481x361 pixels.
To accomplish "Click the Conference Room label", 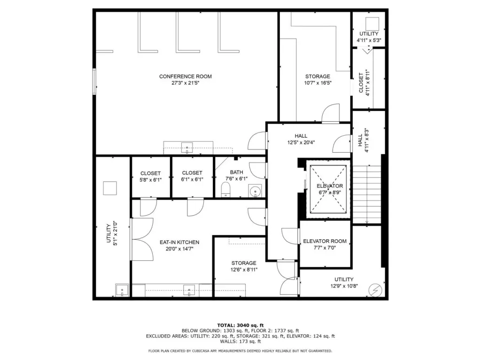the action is click(x=185, y=77).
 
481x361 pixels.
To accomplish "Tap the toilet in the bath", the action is click(x=225, y=190).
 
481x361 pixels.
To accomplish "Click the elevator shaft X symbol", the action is click(x=328, y=189).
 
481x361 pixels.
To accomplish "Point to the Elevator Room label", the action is click(x=325, y=241).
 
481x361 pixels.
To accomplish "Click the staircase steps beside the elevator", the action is click(x=366, y=194).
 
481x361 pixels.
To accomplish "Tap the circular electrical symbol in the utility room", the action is click(x=376, y=290).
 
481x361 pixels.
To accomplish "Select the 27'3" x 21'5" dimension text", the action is click(x=185, y=83).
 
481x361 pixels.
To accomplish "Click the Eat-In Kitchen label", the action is click(x=179, y=242).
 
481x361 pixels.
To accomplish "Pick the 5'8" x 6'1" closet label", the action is click(x=150, y=177).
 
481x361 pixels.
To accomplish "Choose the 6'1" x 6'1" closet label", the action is click(x=192, y=176).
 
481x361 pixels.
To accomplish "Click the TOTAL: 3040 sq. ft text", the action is click(x=240, y=325).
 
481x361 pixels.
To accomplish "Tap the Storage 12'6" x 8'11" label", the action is click(x=244, y=267).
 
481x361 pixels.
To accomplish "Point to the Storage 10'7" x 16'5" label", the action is click(x=318, y=79).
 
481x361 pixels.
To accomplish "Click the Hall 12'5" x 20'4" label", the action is click(x=301, y=139).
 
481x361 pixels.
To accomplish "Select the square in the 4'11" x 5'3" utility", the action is click(x=372, y=24).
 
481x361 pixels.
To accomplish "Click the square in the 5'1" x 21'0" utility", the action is click(x=110, y=188).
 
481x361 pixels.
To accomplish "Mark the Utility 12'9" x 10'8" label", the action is click(x=344, y=283).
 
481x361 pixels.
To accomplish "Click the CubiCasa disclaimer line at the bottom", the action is click(x=240, y=351).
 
